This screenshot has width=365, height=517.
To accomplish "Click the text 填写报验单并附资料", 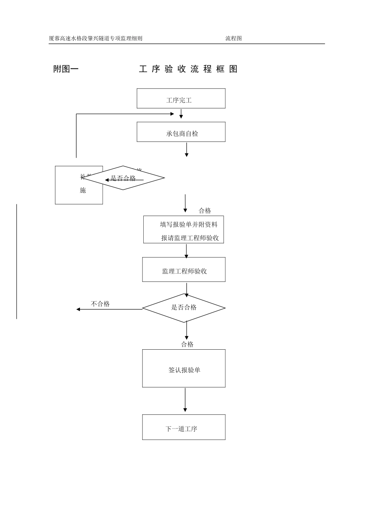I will coord(189,224).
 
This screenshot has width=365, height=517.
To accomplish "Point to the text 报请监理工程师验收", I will coord(190,238).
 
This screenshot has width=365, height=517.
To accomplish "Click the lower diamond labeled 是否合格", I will coord(184,308).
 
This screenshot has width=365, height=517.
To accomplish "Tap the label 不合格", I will coord(100,304).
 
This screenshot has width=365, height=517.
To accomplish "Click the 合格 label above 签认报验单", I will coord(187,344).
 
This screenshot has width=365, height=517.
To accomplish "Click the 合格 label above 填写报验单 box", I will coord(205,210).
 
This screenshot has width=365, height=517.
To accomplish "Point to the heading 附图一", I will coord(66,69).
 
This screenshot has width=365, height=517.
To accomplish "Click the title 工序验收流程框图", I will coord(188,69).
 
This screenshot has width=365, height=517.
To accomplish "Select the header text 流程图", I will coord(233,38).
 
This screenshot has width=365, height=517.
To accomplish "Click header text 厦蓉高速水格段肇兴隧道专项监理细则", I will coord(96,38).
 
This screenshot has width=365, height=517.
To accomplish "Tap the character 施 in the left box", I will coord(83,190).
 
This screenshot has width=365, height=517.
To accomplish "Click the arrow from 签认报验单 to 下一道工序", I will coord(185,400).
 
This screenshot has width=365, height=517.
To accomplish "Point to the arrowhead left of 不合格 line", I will coord(78,309).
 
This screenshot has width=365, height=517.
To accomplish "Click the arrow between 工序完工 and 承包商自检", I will coord(181,114).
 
